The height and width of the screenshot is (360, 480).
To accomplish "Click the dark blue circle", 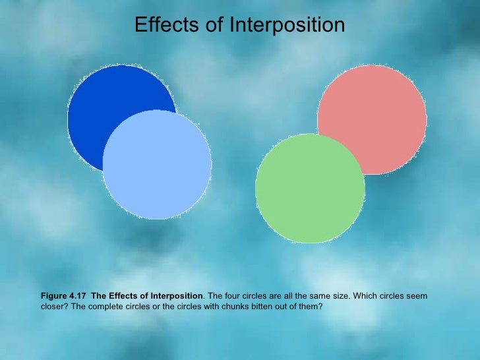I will (99, 99).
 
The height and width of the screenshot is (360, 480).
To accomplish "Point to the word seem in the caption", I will (415, 296).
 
